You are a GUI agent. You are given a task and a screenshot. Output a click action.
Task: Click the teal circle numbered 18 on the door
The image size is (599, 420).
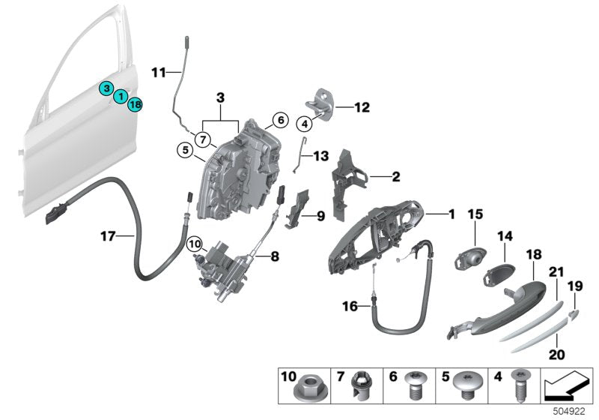click(x=135, y=105)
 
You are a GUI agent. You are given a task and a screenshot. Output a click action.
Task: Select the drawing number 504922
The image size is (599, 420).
click(x=571, y=411)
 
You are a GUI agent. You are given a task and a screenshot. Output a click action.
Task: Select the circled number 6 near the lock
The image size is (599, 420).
click(x=279, y=119)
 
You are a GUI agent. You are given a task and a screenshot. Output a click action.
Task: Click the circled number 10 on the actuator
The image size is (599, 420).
click(x=195, y=244)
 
